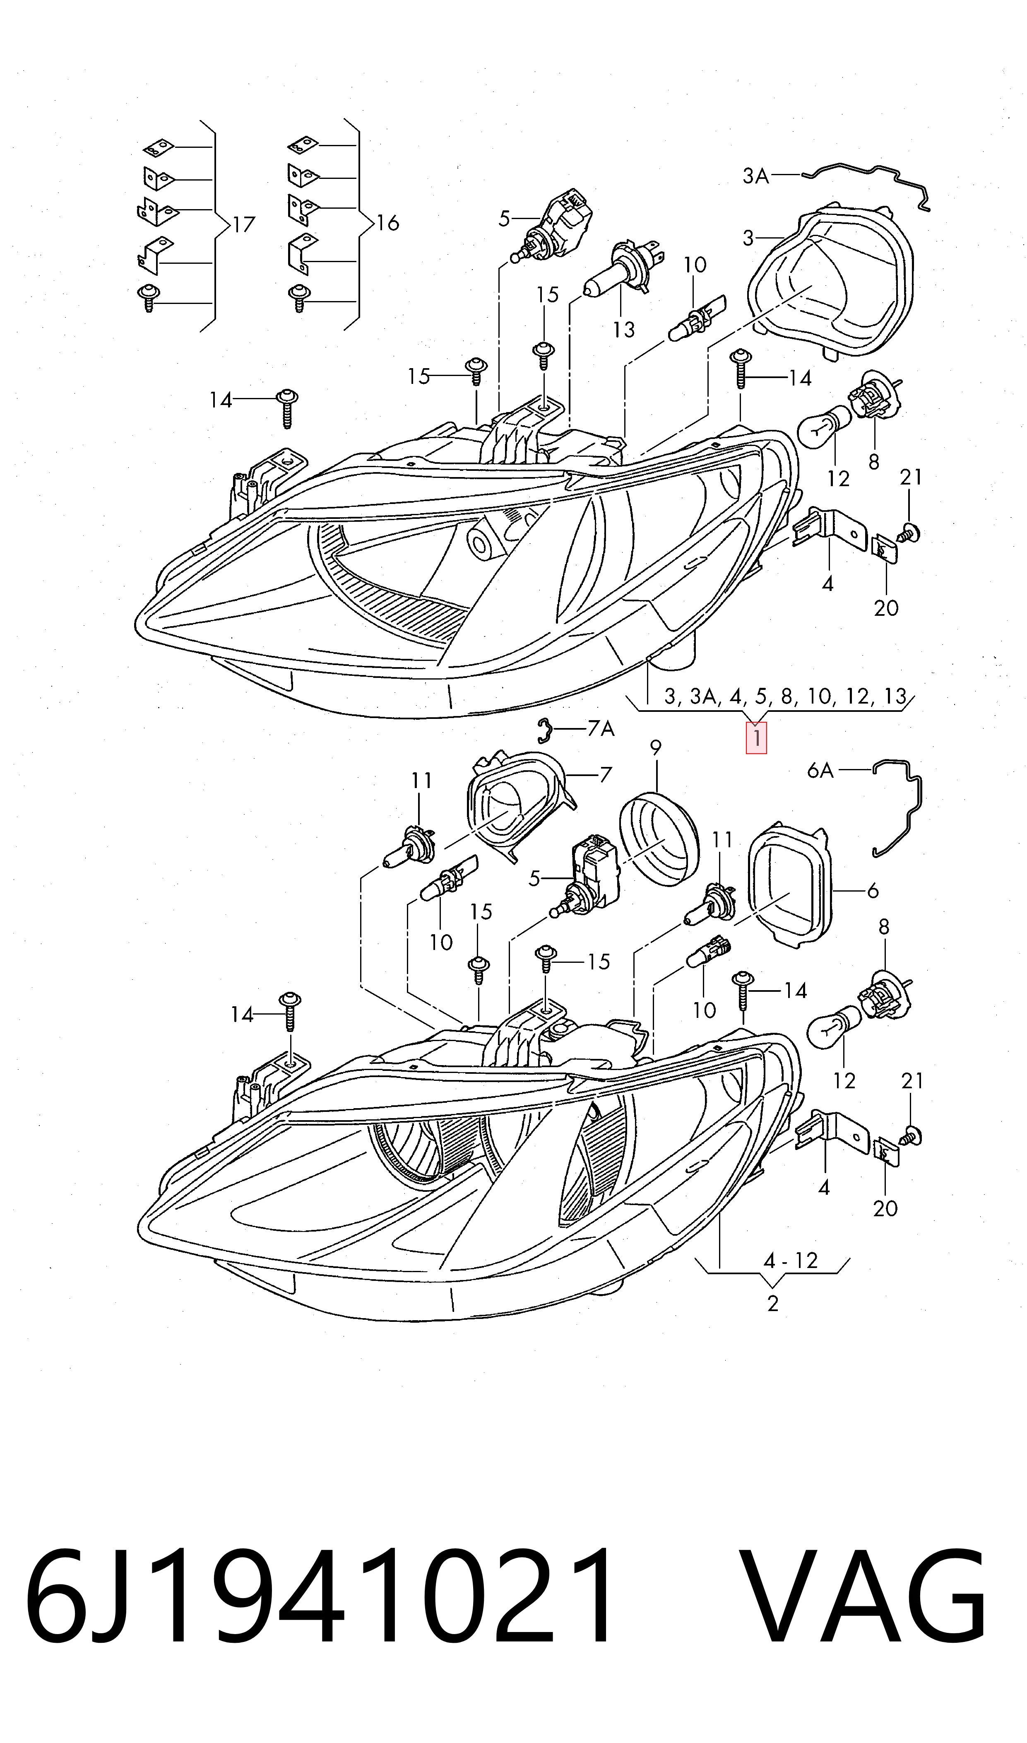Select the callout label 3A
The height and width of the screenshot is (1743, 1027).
tap(756, 176)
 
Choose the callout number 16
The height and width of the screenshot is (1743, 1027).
tap(387, 222)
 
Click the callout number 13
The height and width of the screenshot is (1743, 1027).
tap(623, 330)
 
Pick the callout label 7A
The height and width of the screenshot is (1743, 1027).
tap(600, 729)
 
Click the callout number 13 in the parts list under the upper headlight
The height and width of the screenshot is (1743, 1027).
tap(895, 697)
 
